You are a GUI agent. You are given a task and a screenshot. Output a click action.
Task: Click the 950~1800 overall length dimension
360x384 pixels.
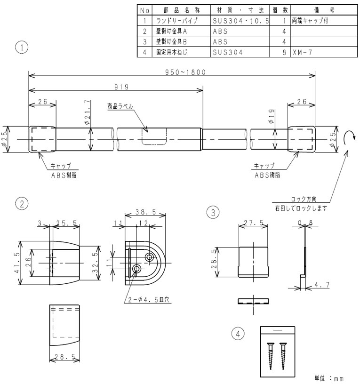(x=185, y=72)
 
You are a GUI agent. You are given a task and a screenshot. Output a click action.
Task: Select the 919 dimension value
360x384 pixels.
(x=121, y=87)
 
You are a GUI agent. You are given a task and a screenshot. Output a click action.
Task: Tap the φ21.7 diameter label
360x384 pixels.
(x=88, y=112)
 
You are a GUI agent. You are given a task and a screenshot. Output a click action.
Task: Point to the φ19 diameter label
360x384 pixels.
(x=272, y=116)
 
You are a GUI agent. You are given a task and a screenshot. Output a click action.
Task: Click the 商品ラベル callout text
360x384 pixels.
(x=120, y=106)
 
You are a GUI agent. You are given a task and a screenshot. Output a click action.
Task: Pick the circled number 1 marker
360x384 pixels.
(x=22, y=47)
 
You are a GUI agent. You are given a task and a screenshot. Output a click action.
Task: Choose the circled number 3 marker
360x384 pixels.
(x=213, y=212)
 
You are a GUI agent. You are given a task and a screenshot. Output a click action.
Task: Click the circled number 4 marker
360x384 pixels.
(x=238, y=334)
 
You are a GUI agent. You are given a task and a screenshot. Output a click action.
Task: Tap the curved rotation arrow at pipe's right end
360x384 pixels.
(x=349, y=137)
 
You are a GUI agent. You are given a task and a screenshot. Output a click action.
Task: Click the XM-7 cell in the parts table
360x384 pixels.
(x=302, y=52)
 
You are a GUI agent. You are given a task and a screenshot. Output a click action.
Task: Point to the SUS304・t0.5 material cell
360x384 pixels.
(x=240, y=21)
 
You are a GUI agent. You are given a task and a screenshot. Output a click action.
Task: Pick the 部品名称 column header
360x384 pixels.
(x=182, y=10)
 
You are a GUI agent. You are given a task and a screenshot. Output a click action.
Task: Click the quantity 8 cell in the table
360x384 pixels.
(x=284, y=52)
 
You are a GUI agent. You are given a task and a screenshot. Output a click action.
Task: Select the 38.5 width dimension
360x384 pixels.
(x=145, y=212)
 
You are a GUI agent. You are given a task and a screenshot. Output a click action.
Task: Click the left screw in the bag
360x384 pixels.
(x=271, y=356)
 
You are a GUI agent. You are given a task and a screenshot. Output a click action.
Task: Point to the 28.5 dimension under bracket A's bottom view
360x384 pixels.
(x=64, y=357)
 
